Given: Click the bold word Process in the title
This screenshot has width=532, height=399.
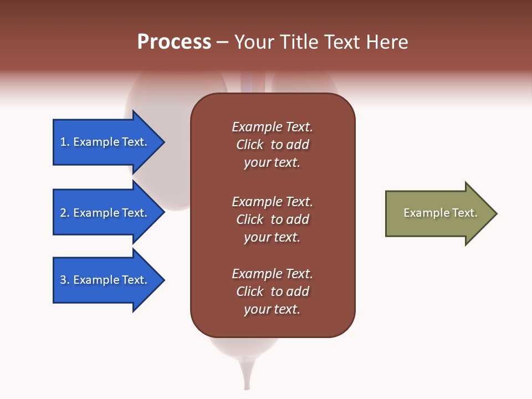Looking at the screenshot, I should coord(174,42).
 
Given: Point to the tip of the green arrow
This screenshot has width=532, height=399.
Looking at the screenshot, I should coord(495,213).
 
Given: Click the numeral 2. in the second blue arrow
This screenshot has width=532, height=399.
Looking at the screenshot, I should coord(65,213).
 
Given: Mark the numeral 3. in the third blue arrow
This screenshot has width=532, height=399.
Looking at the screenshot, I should coord(65,280).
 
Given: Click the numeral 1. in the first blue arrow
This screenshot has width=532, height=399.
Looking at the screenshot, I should coord(65,142).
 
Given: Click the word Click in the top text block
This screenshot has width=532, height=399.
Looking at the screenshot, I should coord(249,145).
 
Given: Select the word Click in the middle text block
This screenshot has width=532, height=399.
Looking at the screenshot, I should coord(249,219).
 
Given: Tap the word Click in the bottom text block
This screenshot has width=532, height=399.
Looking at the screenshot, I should coord(249,291).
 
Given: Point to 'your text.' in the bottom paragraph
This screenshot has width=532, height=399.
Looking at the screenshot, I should coord(272,309).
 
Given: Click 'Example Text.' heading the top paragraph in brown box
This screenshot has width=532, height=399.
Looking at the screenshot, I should coord(272,127).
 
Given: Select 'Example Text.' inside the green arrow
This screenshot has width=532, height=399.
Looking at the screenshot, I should coord(440,213).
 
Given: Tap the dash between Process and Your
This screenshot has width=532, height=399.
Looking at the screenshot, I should coord(222,42).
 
